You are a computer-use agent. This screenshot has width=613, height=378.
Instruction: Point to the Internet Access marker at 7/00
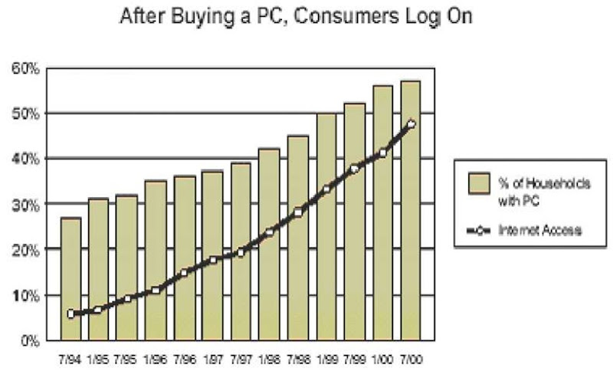pos(411,123)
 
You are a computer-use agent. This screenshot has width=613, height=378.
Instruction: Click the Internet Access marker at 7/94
pos(71,314)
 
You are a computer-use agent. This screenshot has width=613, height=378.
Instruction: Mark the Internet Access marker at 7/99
pos(355,169)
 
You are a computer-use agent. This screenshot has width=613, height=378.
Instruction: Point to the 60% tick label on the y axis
pos(25,68)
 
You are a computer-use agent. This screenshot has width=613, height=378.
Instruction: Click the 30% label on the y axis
pos(25,205)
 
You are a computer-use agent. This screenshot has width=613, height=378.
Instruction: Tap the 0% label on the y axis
pos(28,341)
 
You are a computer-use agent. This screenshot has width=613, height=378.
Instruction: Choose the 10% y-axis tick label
pos(25,296)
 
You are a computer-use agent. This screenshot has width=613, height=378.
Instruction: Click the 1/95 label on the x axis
pos(100,358)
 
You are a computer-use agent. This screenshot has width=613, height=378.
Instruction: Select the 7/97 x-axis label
pos(241,358)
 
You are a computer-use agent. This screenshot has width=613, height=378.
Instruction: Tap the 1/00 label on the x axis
pos(383,358)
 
